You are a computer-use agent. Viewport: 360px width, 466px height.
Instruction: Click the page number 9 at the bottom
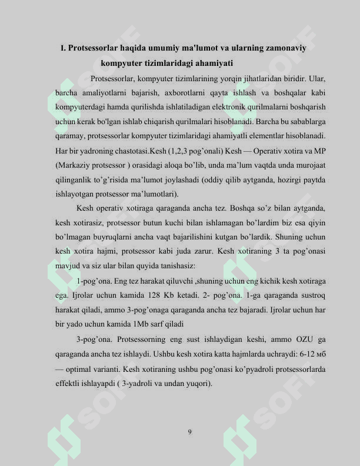(189, 432)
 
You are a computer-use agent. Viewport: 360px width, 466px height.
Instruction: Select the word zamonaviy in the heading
(285, 48)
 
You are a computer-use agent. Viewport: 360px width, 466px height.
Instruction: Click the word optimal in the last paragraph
(81, 371)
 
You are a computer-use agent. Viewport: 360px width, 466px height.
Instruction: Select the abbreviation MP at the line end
(320, 151)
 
